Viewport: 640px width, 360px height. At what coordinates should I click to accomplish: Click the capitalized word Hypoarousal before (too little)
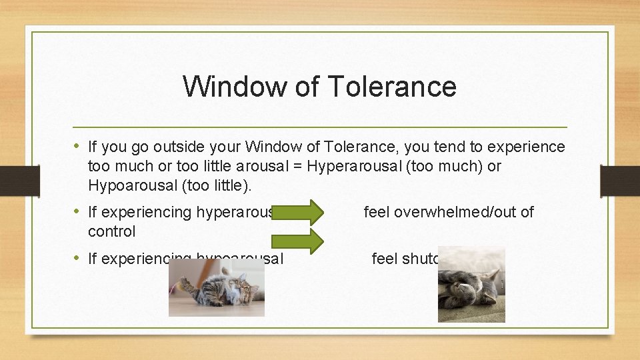[x=131, y=185]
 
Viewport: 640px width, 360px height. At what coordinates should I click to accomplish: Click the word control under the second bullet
[x=111, y=231]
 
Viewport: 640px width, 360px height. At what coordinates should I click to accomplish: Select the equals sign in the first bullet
[x=297, y=166]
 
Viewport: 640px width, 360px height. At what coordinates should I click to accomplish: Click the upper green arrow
[x=298, y=213]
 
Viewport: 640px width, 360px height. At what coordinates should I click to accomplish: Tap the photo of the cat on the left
[x=216, y=287]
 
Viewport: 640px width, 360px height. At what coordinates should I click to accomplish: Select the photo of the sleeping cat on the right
[x=471, y=285]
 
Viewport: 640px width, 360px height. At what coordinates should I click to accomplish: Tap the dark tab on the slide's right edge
[x=620, y=181]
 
